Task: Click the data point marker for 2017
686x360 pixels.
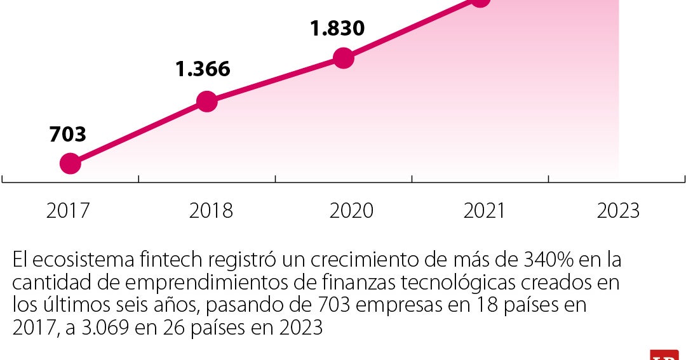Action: click(x=70, y=164)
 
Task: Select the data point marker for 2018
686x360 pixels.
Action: click(x=206, y=101)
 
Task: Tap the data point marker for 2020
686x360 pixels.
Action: click(x=343, y=58)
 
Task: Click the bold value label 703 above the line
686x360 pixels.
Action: click(x=67, y=135)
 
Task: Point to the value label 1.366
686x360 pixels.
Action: click(x=203, y=69)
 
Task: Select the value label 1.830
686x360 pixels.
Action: click(x=337, y=29)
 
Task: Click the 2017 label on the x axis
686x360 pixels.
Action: click(x=68, y=211)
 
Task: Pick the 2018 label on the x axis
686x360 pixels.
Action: click(x=211, y=211)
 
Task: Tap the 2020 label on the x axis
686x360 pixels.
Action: click(x=351, y=211)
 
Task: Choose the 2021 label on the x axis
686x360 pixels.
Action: click(x=484, y=211)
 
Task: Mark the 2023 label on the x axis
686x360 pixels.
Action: click(x=618, y=211)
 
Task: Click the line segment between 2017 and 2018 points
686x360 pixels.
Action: click(x=138, y=132)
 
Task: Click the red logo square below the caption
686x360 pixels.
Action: click(x=664, y=354)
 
